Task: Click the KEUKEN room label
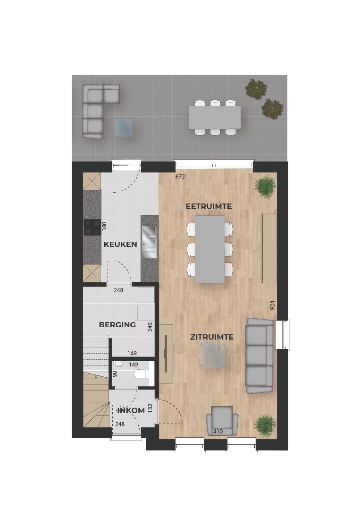point(120,244)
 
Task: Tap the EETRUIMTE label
point(209,207)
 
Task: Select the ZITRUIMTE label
point(212,337)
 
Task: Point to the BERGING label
point(117,324)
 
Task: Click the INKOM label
point(131,410)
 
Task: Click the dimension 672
point(179,177)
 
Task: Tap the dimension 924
point(272,306)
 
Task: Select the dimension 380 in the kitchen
point(105,226)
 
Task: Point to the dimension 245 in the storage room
point(150,326)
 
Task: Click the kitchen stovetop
point(92,227)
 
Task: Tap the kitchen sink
point(150,240)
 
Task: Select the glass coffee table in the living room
point(212,355)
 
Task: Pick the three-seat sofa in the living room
point(260,356)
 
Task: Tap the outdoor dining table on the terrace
point(215,118)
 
